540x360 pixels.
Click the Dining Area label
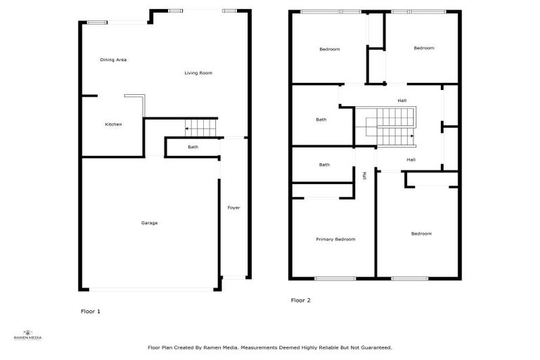click(113, 60)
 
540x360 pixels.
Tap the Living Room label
click(198, 73)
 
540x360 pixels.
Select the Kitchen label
click(113, 124)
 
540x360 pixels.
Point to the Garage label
click(149, 223)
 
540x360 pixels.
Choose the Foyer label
click(233, 207)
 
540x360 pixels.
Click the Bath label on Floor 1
click(193, 147)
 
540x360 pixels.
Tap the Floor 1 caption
click(91, 311)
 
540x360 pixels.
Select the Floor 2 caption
click(300, 300)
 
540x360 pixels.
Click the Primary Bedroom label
click(335, 239)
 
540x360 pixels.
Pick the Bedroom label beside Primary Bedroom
click(421, 233)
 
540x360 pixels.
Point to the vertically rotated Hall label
click(364, 175)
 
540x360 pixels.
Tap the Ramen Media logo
click(28, 335)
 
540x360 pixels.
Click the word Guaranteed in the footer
click(376, 347)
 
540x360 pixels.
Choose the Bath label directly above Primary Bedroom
click(324, 165)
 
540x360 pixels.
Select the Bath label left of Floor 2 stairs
click(321, 120)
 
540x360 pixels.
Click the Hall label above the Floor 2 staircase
click(401, 101)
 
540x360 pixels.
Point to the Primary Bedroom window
click(335, 278)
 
